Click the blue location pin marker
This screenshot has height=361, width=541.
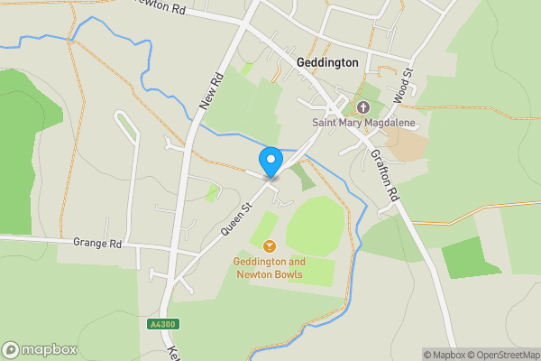click(270, 161)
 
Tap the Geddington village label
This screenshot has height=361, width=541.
click(326, 62)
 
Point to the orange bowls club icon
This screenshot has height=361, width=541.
click(269, 245)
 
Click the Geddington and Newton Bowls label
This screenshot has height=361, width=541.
click(269, 267)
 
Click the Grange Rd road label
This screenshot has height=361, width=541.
click(97, 244)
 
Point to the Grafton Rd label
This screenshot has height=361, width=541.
click(383, 173)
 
